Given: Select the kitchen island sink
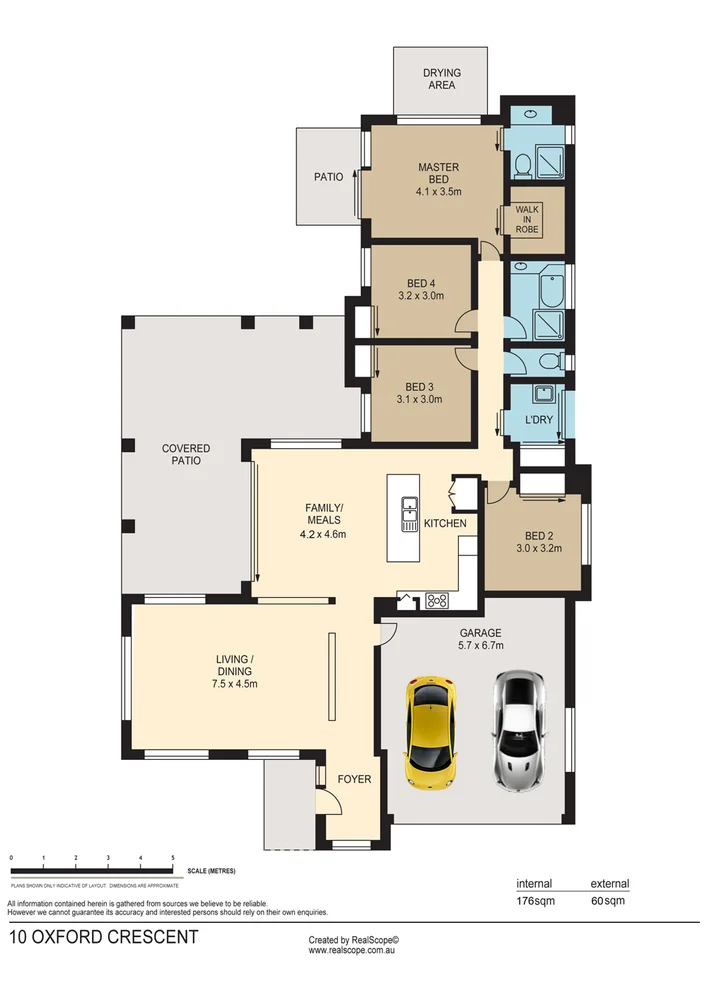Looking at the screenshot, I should [x=409, y=513].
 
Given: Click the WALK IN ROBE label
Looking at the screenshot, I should [x=527, y=219].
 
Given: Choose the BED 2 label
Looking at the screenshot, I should [x=533, y=535].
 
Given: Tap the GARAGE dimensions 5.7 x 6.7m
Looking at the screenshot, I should [x=480, y=646].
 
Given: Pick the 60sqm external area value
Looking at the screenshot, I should [x=607, y=900].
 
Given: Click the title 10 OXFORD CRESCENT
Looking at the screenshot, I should [x=103, y=938].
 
